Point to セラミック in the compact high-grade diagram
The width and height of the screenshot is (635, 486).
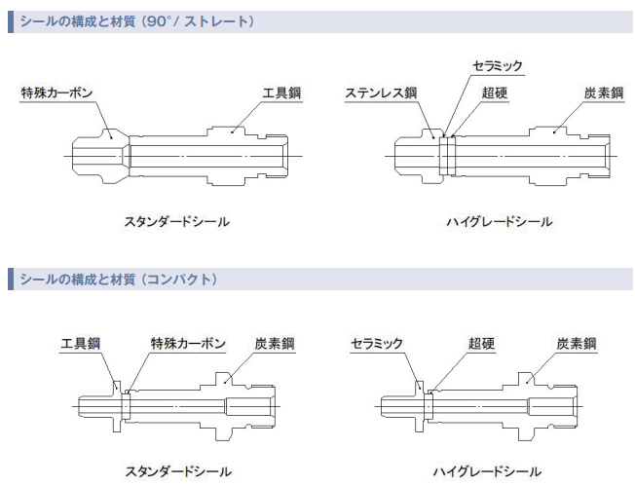(376, 345)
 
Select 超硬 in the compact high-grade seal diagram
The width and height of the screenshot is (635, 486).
(482, 345)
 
